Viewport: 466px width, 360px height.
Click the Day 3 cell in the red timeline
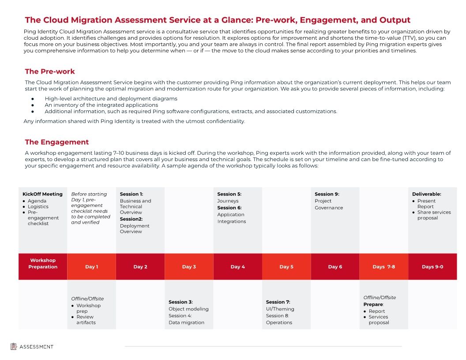(189, 266)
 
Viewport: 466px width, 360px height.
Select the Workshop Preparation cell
(43, 263)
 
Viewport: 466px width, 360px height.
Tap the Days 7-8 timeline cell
(383, 266)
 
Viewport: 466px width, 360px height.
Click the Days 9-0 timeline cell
(432, 266)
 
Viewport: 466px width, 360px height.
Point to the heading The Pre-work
(50, 71)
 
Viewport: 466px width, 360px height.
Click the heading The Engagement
(57, 142)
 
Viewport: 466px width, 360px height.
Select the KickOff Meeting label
(42, 194)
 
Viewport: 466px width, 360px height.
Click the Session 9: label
(327, 194)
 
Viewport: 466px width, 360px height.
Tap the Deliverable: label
(426, 194)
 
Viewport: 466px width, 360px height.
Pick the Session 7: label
(278, 302)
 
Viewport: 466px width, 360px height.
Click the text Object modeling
(188, 309)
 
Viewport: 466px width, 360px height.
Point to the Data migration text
(186, 322)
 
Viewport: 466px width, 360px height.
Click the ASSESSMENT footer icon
(14, 347)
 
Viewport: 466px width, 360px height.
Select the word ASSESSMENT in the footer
(36, 347)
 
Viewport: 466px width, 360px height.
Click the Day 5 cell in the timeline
(286, 266)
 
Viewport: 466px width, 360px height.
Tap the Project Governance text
(329, 204)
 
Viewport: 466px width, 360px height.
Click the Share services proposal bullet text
(433, 215)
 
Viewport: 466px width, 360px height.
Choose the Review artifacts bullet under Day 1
(86, 319)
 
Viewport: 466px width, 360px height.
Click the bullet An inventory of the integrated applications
(101, 105)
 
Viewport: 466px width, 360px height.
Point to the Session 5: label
(229, 194)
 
